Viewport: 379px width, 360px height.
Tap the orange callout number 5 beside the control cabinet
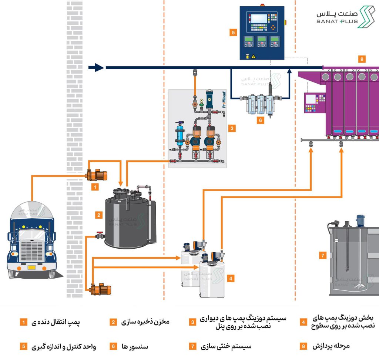[x=233, y=33]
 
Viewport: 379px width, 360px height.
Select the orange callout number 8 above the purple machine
[x=362, y=59]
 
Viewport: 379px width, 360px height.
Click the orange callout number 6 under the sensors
[x=260, y=120]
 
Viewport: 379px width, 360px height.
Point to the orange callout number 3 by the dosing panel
[x=232, y=128]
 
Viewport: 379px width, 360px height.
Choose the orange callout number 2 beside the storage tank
[x=98, y=215]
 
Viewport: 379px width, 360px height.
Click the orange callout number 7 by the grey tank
[x=323, y=255]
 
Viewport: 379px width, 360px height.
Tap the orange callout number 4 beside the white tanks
[x=231, y=279]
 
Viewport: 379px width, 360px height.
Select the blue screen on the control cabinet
[x=259, y=18]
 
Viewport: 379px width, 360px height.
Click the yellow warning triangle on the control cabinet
[x=253, y=57]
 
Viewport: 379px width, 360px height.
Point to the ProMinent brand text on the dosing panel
[x=224, y=99]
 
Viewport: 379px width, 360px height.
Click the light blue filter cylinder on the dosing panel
[x=180, y=134]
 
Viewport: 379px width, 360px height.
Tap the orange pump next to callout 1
[x=97, y=175]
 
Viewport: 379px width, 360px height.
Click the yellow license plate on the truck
[x=31, y=267]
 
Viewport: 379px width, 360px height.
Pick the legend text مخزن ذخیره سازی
[x=145, y=322]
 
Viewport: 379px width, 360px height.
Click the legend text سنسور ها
[x=135, y=346]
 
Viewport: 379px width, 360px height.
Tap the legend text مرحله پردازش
[x=331, y=346]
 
